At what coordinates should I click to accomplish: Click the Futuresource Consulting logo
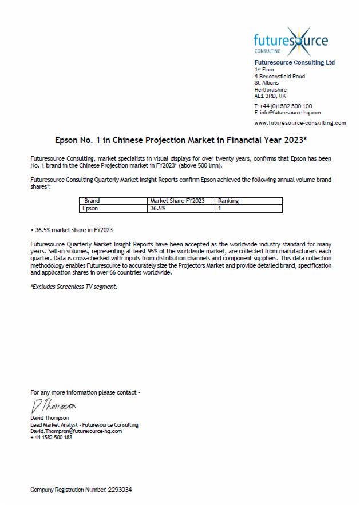coord(291,41)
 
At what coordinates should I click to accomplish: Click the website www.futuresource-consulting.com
coord(300,122)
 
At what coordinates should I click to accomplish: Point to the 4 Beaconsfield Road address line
coord(279,76)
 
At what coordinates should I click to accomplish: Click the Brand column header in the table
coord(92,201)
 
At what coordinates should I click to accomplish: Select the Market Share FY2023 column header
coord(177,201)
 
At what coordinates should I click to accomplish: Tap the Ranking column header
coord(228,201)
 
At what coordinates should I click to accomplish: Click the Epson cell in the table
coord(91,209)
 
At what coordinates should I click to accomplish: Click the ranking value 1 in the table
coord(219,209)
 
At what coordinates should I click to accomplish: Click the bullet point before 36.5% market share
coord(32,230)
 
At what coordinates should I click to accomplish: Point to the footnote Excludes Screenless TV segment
coord(74,287)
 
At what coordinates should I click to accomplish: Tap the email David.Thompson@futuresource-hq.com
coord(76,431)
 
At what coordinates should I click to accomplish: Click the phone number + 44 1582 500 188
coord(52,438)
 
